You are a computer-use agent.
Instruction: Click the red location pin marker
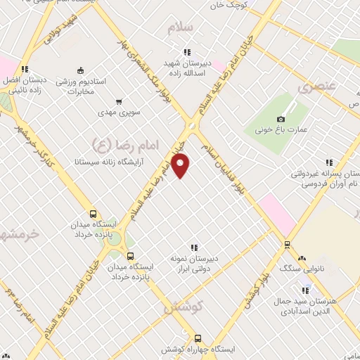tap(181, 166)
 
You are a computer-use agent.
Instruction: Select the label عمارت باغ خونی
tap(281, 130)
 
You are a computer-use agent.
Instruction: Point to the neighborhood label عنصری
tap(314, 88)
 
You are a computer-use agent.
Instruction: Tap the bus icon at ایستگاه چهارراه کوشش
tap(198, 338)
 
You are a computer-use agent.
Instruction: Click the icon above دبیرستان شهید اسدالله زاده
tap(187, 51)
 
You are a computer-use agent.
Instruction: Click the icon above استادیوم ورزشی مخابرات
tap(80, 70)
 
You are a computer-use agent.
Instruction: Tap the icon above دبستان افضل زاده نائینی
tap(25, 69)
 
